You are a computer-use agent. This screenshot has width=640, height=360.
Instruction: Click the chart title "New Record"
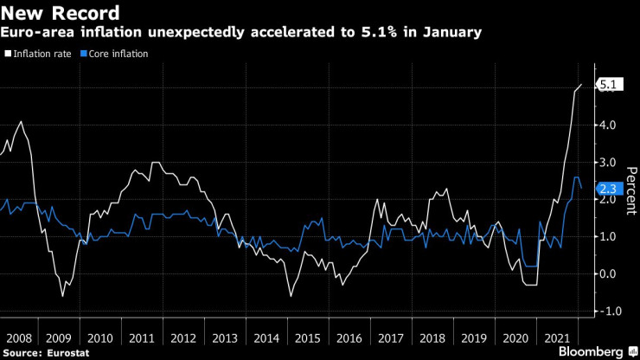[61, 14]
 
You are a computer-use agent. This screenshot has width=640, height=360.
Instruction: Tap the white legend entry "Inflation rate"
[37, 54]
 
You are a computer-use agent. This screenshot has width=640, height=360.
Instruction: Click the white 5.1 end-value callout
[608, 85]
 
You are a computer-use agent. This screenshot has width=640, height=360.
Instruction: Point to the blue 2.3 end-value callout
[608, 187]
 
